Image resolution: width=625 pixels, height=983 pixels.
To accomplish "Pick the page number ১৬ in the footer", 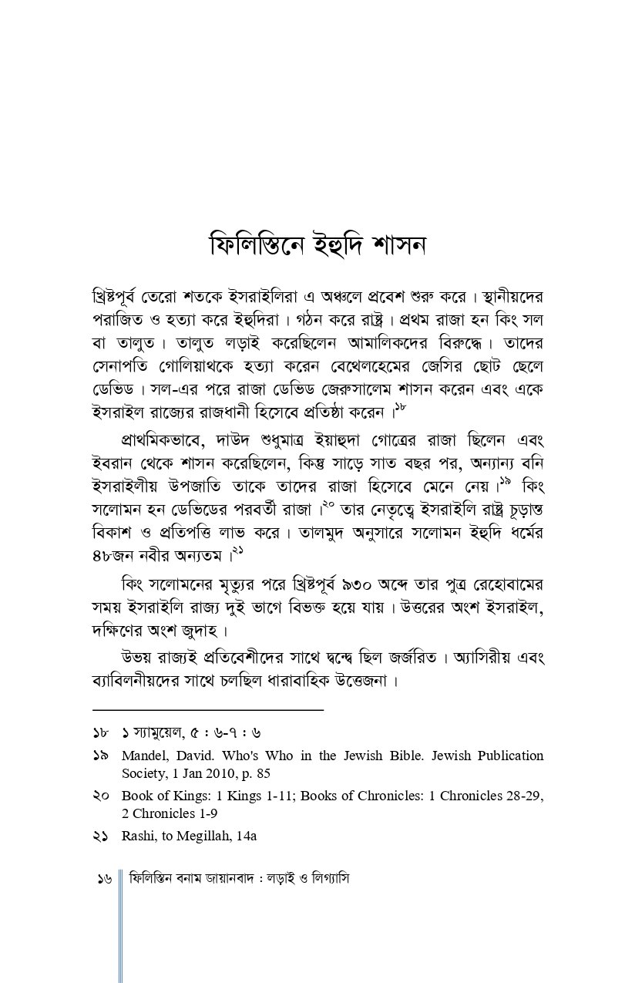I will click(x=105, y=879).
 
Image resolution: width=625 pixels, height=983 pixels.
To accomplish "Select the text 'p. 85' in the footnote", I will click(x=254, y=773).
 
